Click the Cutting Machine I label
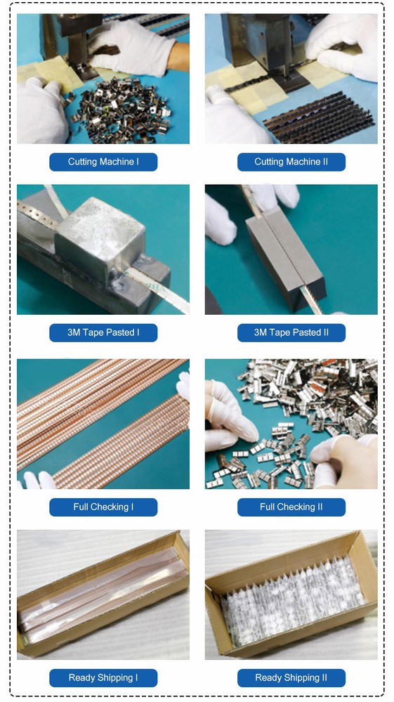103,162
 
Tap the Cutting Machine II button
291,162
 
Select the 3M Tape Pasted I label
103,332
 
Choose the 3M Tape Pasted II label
291,332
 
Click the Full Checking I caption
103,507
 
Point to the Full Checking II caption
291,507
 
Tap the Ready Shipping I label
103,678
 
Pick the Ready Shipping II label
291,678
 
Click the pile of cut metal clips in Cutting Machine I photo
121,109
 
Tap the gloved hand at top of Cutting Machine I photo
131,48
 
